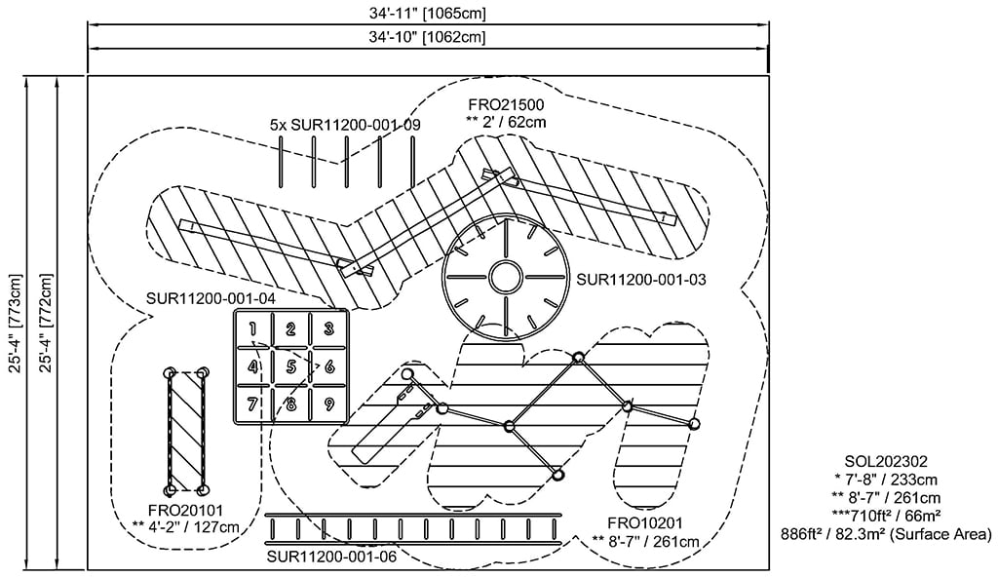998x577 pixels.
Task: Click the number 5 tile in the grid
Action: (x=291, y=366)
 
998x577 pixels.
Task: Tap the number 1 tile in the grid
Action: (x=253, y=328)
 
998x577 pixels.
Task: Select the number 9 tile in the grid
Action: (x=329, y=404)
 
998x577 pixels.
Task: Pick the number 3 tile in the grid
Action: (x=329, y=328)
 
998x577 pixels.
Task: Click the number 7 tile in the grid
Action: (x=253, y=404)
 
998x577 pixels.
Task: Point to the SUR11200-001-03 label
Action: (x=641, y=279)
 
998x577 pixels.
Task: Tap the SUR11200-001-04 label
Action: (x=210, y=297)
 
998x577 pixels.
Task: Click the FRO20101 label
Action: (x=186, y=510)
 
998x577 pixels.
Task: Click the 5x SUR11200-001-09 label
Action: (x=345, y=125)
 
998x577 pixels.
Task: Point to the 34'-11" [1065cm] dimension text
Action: (x=427, y=13)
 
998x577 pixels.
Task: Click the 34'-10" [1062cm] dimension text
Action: (x=427, y=37)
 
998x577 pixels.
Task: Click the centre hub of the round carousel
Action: (x=505, y=277)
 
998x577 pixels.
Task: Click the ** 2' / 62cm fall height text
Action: (x=506, y=123)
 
